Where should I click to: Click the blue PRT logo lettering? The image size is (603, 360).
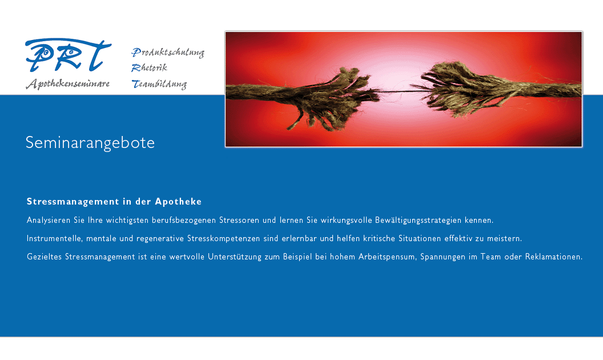pos(68,55)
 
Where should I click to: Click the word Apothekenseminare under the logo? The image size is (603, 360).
pos(68,83)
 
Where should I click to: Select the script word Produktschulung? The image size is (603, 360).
pos(168,53)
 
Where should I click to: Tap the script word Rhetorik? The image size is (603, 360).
pos(149,68)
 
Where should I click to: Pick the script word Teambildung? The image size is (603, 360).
pos(159,84)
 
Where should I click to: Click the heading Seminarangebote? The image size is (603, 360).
pos(90,143)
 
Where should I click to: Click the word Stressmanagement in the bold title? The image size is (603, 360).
pos(73,202)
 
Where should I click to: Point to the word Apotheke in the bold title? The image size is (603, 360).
pos(178,201)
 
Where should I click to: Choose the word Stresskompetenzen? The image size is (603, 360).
pos(224,239)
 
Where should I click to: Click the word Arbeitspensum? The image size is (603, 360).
pos(388,257)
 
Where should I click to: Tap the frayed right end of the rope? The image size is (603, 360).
pos(450,89)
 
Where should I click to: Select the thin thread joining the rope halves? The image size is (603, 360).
pos(398,91)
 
